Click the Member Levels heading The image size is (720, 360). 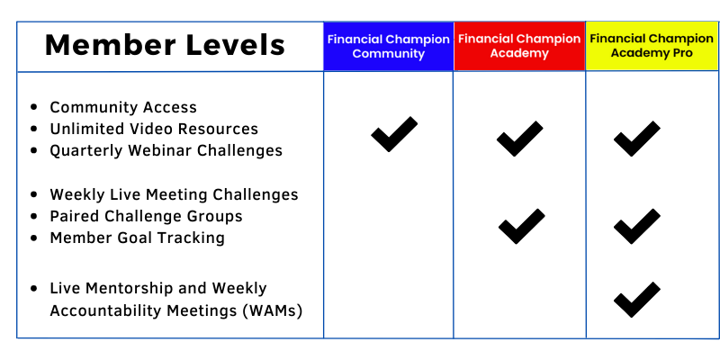pos(165,45)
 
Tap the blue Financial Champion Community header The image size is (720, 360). pos(389,47)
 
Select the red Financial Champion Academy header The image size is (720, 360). pos(519,47)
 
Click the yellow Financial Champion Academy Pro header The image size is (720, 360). pos(652,46)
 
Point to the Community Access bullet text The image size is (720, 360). pos(123,107)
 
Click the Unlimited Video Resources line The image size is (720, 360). pos(154,129)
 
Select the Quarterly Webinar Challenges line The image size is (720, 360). pos(166,150)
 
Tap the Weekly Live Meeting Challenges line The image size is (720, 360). pos(174,194)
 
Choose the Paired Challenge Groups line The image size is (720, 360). pos(146,216)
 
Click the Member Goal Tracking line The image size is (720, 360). pos(138,238)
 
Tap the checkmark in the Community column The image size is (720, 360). pos(394,134)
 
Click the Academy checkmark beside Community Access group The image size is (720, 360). pos(520,139)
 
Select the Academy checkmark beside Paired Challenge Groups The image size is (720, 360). pos(522,227)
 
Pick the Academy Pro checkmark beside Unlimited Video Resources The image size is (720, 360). pos(637,139)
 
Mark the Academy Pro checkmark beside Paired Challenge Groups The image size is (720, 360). pos(637,227)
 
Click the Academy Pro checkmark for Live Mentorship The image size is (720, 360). pos(637,300)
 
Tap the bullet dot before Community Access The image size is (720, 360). pos(33,107)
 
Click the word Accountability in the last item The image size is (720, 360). pos(106,310)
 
